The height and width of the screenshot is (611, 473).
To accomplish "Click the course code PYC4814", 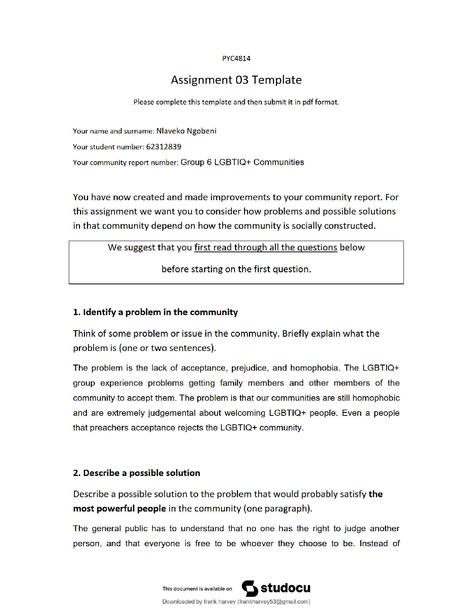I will pos(236,59).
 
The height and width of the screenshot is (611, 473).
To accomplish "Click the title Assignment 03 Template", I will pos(236,80).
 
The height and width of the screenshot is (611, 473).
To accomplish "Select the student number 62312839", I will pos(163,147).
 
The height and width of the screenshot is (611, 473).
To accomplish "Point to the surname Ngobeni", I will pos(201,131).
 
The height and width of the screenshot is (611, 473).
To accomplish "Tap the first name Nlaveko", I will pos(170,131).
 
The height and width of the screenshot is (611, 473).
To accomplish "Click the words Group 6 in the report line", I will pos(196,162).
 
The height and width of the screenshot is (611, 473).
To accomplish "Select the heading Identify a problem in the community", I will pos(155,312).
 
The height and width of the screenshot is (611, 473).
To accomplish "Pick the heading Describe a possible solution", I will pos(136,473).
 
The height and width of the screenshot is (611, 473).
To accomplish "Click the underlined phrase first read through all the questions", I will pos(266,247).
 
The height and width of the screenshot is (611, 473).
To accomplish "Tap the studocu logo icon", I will pos(250,588).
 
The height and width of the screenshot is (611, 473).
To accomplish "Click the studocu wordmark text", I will pos(286,588).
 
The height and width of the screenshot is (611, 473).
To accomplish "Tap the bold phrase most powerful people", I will pos(119,508).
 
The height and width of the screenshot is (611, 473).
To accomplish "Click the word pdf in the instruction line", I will pos(307,102).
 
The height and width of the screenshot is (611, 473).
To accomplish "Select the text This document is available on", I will pos(197,589).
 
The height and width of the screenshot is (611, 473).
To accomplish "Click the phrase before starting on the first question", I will pos(236,269).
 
